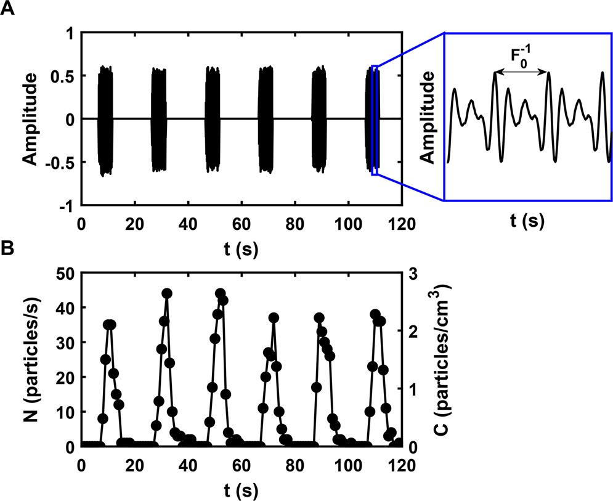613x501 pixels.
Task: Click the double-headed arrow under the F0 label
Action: [x=521, y=73]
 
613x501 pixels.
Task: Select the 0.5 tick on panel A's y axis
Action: [x=65, y=75]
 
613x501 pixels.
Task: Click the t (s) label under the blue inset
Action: [x=527, y=221]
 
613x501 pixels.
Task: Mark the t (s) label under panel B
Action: [x=241, y=491]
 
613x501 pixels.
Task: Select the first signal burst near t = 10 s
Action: [x=105, y=120]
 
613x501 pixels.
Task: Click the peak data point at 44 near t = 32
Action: [x=167, y=293]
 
